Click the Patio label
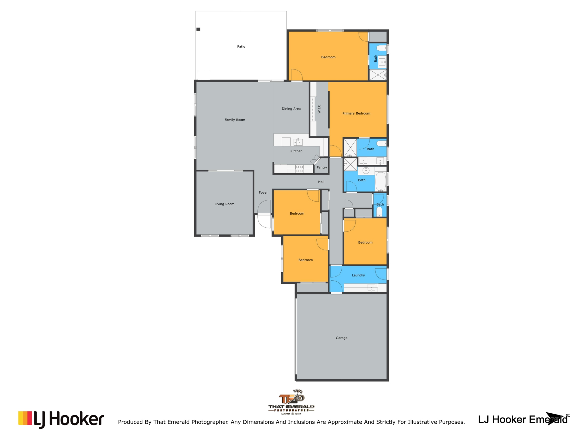[x=241, y=46]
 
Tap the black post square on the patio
[x=198, y=29]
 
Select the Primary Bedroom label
[x=356, y=113]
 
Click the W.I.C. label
[x=319, y=109]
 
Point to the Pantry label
[x=322, y=168]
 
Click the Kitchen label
[x=296, y=151]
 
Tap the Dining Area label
[x=291, y=109]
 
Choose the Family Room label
[x=235, y=120]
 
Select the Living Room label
[x=224, y=204]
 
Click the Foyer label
[x=263, y=192]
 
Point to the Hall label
[x=321, y=182]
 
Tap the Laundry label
[x=358, y=275]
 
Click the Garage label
[x=342, y=338]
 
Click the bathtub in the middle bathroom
[x=381, y=181]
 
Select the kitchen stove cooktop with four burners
[x=299, y=169]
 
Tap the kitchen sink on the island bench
[x=298, y=142]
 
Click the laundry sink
[x=371, y=287]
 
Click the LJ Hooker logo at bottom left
[x=61, y=419]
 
